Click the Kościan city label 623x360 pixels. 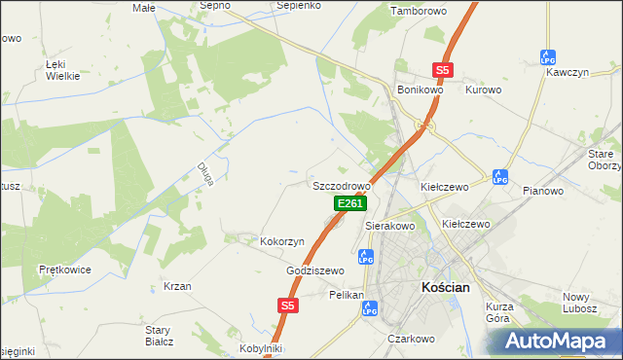coord(447,288)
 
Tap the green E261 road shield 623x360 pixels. coord(349,203)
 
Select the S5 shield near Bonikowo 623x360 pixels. coord(443,70)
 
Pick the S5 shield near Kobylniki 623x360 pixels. coord(286,306)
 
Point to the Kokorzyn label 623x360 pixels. coord(282,240)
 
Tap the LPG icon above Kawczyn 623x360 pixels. coord(547,57)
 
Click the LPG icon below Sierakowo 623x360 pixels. coord(366,258)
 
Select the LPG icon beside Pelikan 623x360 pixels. coord(369,308)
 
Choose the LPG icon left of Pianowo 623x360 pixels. coord(500,177)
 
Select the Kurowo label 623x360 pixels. coord(483,90)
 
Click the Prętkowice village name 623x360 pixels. coord(64,268)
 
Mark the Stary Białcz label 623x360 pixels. coord(158,336)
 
